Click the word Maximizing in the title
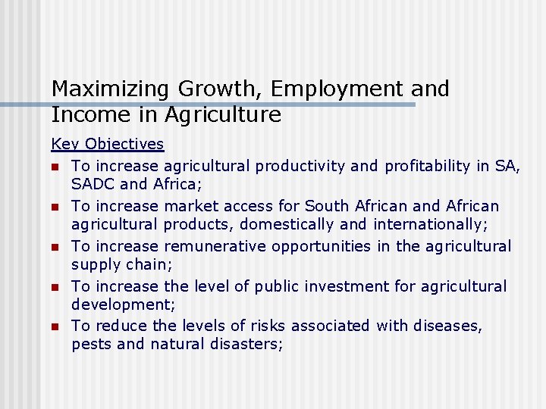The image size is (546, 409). (111, 89)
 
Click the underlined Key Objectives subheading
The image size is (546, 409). (107, 144)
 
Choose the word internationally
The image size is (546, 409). (422, 224)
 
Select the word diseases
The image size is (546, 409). (447, 326)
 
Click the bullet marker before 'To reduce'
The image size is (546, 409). (55, 327)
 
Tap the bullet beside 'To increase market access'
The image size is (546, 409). (55, 207)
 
